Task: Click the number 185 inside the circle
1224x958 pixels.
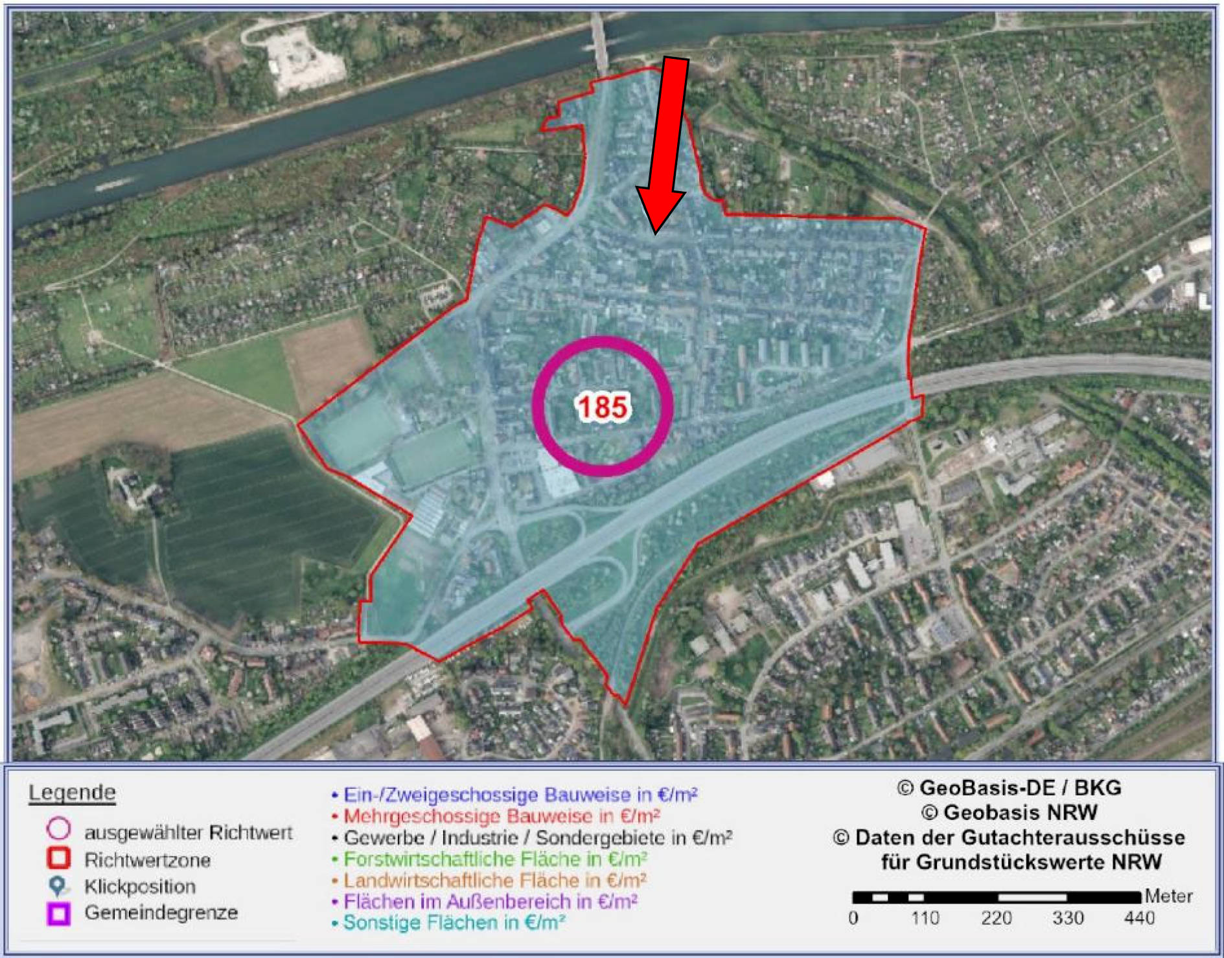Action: (603, 407)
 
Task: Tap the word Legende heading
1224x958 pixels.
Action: (72, 793)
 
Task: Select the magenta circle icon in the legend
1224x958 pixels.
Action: (58, 830)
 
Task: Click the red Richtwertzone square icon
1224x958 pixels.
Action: (58, 858)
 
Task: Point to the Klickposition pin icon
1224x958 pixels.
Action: (58, 886)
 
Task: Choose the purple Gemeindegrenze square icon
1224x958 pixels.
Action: (58, 913)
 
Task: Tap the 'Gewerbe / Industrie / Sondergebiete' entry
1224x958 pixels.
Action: (538, 838)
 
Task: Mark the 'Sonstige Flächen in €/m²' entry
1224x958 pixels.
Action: (454, 922)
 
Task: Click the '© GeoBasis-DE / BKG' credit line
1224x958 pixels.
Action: (1009, 788)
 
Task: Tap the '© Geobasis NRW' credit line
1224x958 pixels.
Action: (1009, 812)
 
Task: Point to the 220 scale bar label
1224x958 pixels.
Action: (996, 918)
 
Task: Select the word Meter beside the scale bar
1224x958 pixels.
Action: (1168, 896)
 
